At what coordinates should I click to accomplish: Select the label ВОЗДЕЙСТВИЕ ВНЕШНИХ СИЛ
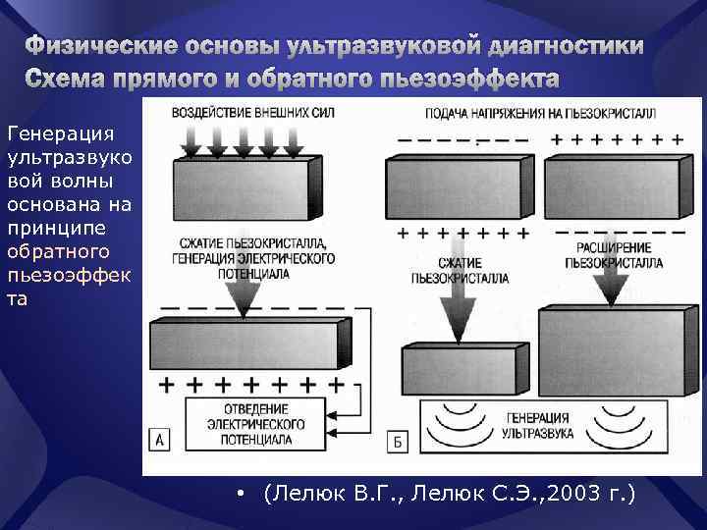click(x=252, y=113)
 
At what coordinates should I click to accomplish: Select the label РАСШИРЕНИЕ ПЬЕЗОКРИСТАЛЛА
click(x=614, y=256)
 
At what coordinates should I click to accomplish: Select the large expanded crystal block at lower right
click(x=611, y=350)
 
